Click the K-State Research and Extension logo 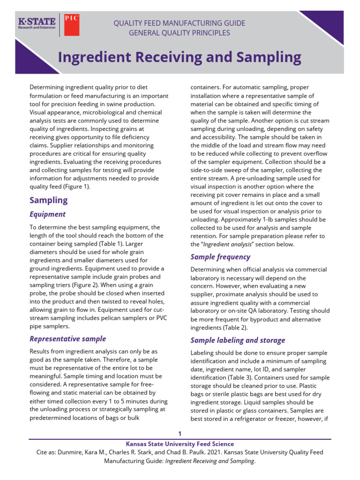(37, 24)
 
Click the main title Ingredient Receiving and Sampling (180, 57)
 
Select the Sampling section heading (49, 200)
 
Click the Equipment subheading (48, 214)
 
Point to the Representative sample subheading (68, 338)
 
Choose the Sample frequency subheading (220, 257)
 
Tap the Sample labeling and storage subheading (238, 340)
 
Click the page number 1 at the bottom (180, 433)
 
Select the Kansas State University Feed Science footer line (180, 443)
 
